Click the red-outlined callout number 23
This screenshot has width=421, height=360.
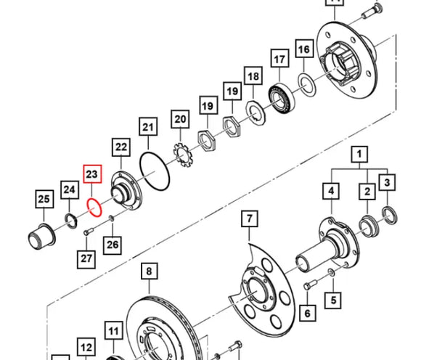click(x=91, y=175)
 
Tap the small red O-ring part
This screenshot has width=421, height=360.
click(x=93, y=208)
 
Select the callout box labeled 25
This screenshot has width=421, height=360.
click(x=44, y=198)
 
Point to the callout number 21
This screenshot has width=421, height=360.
click(x=148, y=128)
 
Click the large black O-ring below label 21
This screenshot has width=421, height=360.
click(x=154, y=175)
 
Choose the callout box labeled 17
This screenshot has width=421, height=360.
click(x=279, y=58)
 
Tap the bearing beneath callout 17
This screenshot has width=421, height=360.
click(x=278, y=94)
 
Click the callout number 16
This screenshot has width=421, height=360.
click(x=303, y=50)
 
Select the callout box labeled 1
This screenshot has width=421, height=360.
click(x=360, y=155)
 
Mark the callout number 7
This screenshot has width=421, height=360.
click(x=248, y=218)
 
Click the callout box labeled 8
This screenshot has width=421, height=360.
click(x=148, y=272)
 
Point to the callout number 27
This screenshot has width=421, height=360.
click(x=87, y=258)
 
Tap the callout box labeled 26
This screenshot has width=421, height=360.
click(x=113, y=245)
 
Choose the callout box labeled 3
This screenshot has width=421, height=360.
click(x=388, y=182)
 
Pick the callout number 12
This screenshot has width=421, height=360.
click(x=86, y=348)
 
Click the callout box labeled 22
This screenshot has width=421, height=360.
click(x=120, y=147)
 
